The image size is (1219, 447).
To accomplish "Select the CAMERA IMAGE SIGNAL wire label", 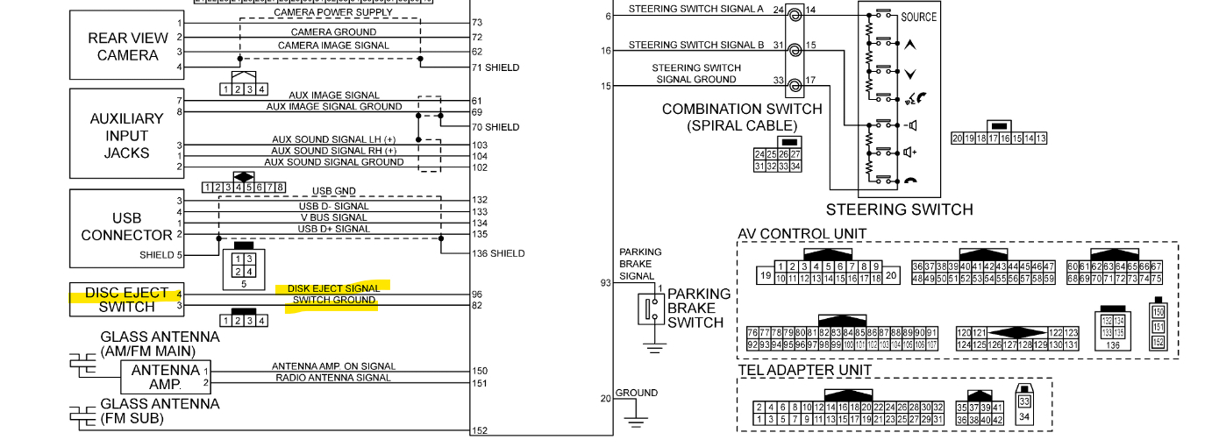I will click(x=333, y=46).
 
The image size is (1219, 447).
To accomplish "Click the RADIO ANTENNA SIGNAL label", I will click(x=333, y=378).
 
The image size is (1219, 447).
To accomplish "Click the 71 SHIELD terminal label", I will click(x=495, y=67).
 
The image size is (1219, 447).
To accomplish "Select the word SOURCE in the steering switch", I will click(x=918, y=17).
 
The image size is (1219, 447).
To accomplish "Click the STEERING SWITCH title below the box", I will click(x=899, y=209).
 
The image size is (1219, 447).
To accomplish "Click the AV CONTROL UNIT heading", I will click(x=802, y=233).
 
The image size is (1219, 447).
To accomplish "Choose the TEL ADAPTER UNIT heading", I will click(x=804, y=370).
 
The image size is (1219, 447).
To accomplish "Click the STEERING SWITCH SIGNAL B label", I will click(x=696, y=45).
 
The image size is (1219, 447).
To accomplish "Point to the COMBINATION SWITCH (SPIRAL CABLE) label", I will click(x=742, y=117).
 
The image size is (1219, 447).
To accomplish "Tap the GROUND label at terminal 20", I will click(x=636, y=393).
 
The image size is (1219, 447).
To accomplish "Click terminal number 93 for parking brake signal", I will click(x=605, y=283).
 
